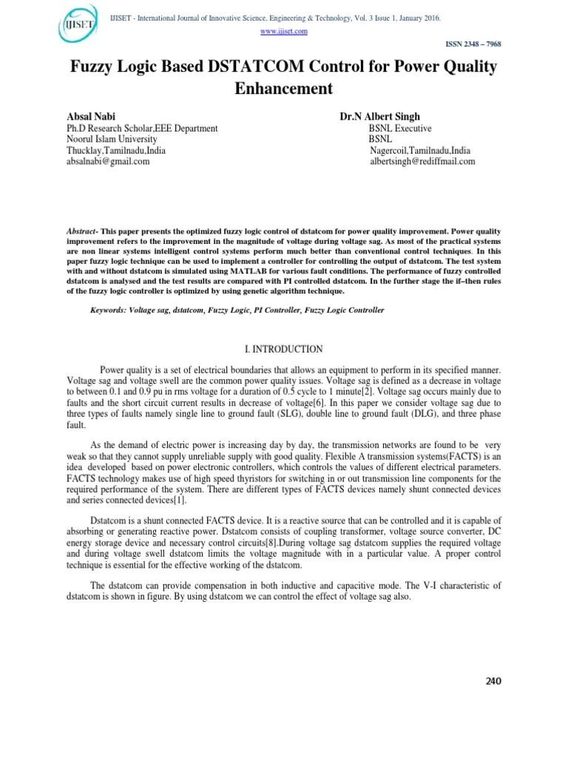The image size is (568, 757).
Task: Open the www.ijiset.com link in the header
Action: coord(284,31)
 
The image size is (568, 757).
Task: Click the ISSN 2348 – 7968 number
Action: coord(473,44)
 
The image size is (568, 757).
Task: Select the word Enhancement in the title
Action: coord(284,89)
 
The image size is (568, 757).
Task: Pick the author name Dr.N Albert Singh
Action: coord(380,117)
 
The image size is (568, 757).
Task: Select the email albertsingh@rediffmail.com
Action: coord(422,161)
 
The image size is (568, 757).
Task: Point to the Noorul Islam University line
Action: coord(112,139)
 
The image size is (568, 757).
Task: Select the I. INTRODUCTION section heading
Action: coord(284,349)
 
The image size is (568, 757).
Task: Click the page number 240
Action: coord(493,681)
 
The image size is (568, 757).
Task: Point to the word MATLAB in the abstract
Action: coord(234,271)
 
